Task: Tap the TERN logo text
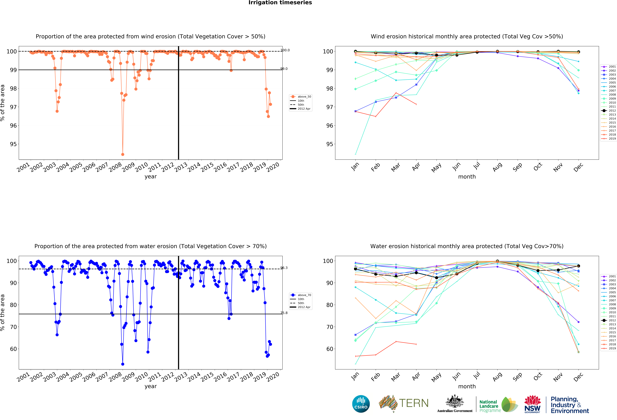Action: pos(414,403)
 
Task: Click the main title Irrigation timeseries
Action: pos(280,3)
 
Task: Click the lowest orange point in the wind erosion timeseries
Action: pos(123,154)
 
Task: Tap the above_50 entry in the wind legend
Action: pos(304,97)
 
